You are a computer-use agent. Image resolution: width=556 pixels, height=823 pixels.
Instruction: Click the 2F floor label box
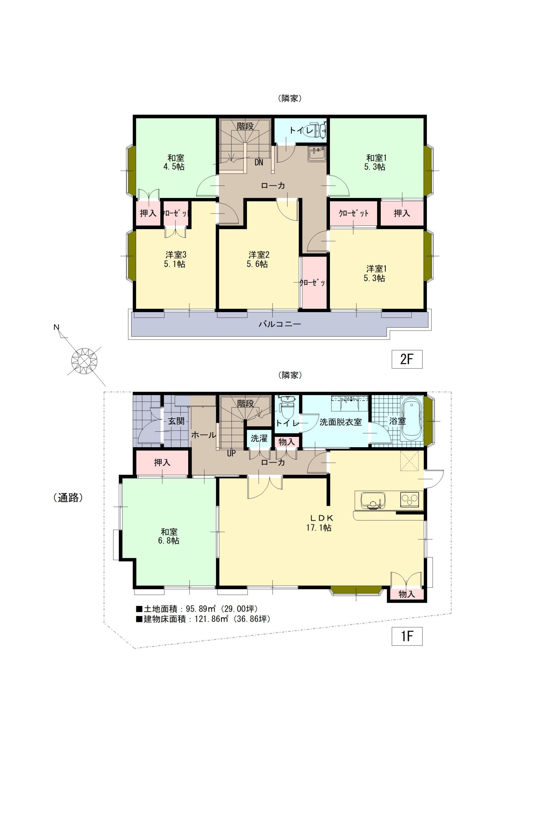(406, 359)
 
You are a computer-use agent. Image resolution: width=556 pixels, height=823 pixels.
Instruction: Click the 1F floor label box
(406, 636)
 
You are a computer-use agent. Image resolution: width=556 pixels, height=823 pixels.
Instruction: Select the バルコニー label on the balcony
(279, 324)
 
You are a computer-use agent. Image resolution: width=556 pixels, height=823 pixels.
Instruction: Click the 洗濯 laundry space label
(259, 438)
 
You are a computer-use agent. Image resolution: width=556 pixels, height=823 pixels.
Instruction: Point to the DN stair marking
(259, 163)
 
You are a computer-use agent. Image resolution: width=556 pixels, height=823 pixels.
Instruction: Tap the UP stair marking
(231, 453)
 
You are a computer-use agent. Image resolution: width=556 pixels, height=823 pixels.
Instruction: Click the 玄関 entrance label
(176, 421)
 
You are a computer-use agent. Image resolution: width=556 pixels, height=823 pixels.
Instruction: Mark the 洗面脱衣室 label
(340, 422)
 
